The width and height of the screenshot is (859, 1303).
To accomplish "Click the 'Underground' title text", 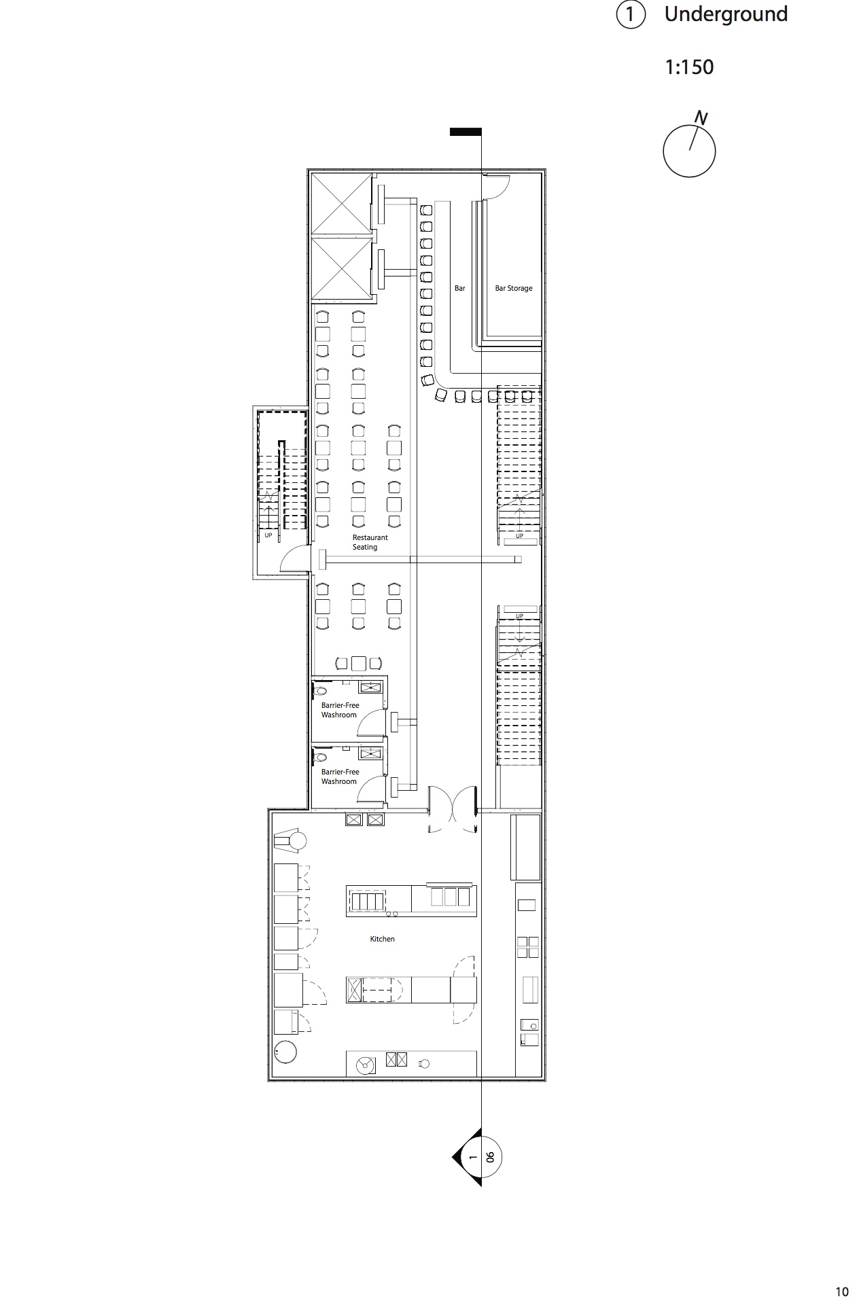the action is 726,15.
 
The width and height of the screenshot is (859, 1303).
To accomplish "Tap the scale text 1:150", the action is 689,67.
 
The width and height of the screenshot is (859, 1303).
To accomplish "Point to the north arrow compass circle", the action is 689,151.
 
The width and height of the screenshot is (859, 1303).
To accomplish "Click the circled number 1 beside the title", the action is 630,15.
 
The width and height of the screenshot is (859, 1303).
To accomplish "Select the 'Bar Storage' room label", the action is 514,289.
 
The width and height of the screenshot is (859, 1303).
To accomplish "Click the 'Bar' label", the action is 460,289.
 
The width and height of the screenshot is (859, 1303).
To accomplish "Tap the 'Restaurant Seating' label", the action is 370,542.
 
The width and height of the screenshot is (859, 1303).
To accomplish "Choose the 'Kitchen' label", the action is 382,939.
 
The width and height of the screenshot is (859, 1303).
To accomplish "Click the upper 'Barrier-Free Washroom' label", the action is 340,710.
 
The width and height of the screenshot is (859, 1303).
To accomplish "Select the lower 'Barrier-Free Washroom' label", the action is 340,777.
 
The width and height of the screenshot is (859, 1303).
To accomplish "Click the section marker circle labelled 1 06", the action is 481,1157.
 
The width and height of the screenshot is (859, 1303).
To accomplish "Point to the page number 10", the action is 842,1291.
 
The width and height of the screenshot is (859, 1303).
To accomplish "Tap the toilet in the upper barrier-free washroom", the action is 319,691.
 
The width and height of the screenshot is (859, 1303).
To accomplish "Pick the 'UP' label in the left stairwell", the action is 268,535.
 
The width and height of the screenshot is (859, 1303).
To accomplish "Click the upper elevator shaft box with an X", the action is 341,204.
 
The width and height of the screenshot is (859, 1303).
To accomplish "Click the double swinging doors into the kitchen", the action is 453,808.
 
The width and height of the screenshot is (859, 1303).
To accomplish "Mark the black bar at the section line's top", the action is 466,132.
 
